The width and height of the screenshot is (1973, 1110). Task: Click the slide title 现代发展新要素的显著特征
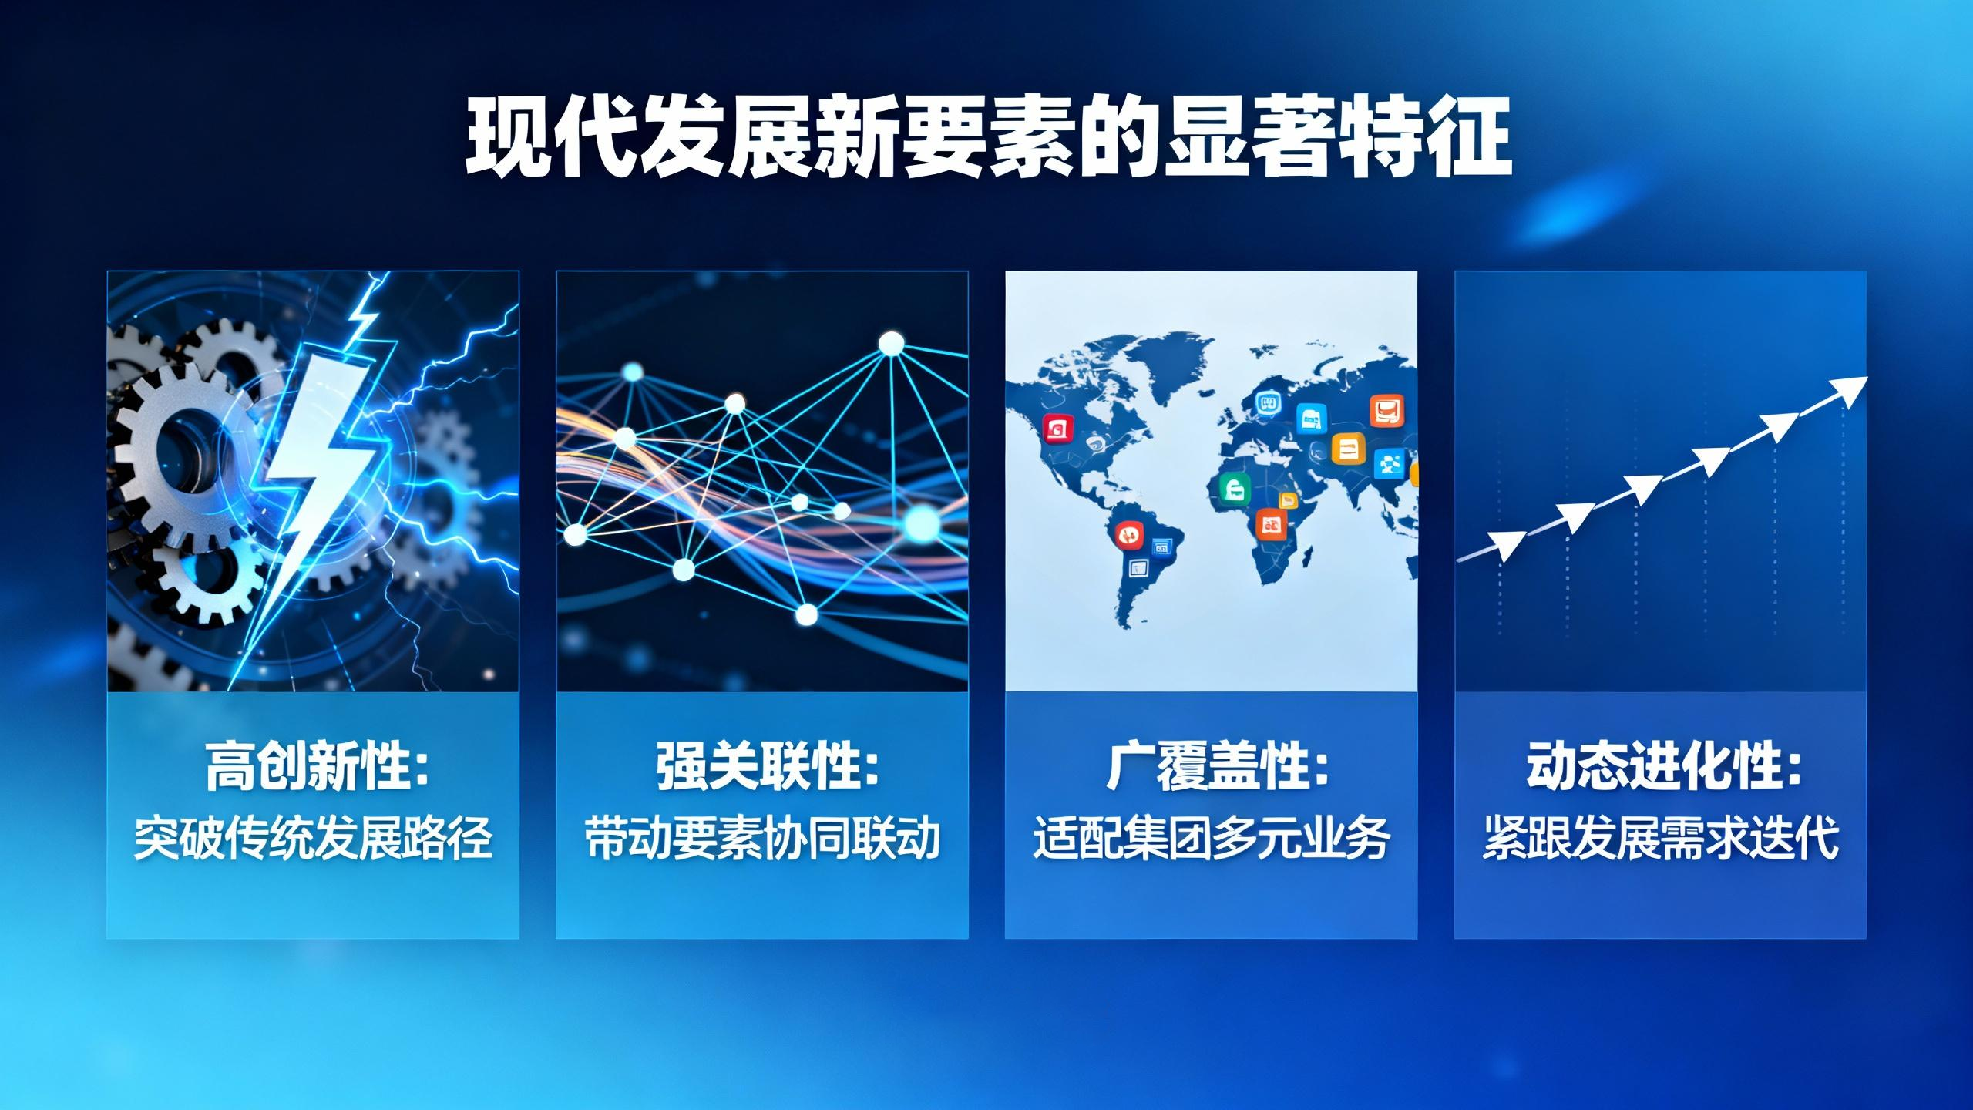(x=988, y=137)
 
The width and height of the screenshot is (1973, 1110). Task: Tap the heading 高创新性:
(x=317, y=766)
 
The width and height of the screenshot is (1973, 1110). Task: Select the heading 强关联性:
(x=767, y=766)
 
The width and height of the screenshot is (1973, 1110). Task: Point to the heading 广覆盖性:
(x=1218, y=766)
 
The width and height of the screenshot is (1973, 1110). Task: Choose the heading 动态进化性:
(x=1665, y=766)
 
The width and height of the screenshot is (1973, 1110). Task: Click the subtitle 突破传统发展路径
(x=313, y=839)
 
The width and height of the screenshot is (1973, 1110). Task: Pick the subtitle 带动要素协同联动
(x=762, y=839)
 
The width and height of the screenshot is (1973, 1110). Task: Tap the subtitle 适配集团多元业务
(x=1212, y=839)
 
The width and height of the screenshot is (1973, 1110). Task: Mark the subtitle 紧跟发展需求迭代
(x=1661, y=839)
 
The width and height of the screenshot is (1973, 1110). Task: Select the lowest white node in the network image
(x=806, y=614)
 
